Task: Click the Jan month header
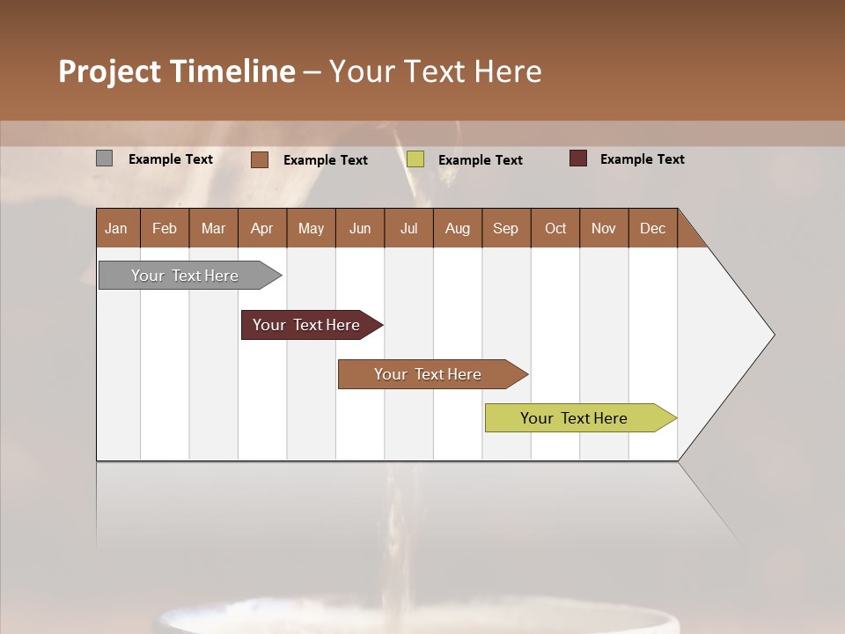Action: click(x=116, y=228)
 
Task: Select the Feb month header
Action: click(x=165, y=228)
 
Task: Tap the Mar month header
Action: click(x=213, y=228)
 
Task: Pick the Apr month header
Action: click(x=261, y=228)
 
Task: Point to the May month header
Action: click(x=311, y=228)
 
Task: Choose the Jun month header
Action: click(x=360, y=228)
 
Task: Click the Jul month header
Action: click(x=408, y=228)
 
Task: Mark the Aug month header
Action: click(x=457, y=228)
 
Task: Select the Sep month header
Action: click(x=505, y=228)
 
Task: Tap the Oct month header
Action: click(x=555, y=228)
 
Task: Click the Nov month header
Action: click(x=604, y=228)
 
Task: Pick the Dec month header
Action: click(x=652, y=228)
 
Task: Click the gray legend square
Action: click(x=104, y=158)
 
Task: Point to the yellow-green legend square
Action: click(x=415, y=159)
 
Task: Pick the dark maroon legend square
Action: click(x=577, y=158)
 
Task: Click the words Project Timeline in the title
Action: click(x=177, y=71)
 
